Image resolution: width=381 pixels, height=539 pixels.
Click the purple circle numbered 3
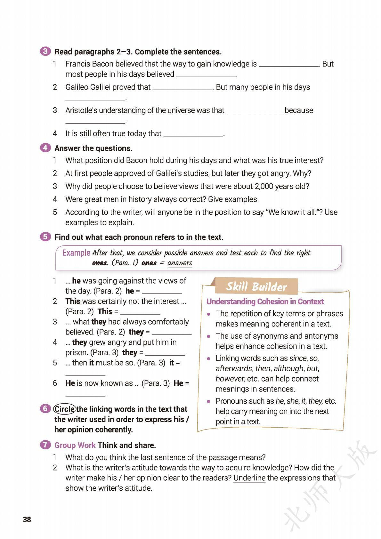tap(45, 52)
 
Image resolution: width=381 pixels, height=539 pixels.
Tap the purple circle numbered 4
tap(45, 148)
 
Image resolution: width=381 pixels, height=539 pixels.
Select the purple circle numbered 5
tap(45, 237)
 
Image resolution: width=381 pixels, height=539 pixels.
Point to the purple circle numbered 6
tap(45, 409)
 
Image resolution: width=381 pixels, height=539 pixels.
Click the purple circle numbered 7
tap(45, 445)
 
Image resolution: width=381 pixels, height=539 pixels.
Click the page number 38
tap(27, 519)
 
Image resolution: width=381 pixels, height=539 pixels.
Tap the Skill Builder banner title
tap(256, 286)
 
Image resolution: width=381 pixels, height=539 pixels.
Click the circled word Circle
tap(65, 409)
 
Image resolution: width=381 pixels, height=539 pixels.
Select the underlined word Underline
tap(249, 478)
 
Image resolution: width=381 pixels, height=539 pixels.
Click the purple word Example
tap(76, 253)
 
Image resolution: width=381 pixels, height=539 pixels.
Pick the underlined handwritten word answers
tap(180, 263)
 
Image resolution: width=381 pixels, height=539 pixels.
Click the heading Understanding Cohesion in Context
tap(265, 302)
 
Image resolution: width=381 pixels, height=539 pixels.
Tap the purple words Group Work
tap(75, 445)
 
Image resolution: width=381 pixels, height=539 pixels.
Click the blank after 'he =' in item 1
tap(162, 292)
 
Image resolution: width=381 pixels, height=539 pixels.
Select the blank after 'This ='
tap(140, 312)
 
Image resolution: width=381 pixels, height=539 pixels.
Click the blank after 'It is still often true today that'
tap(193, 134)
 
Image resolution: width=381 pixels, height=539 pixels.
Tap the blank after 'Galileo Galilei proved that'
tap(182, 88)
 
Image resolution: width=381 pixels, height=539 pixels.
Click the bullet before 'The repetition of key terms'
tap(209, 314)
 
